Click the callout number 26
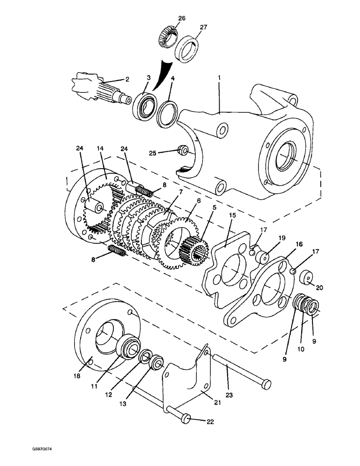pyautogui.click(x=181, y=18)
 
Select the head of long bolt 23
pyautogui.click(x=266, y=383)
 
